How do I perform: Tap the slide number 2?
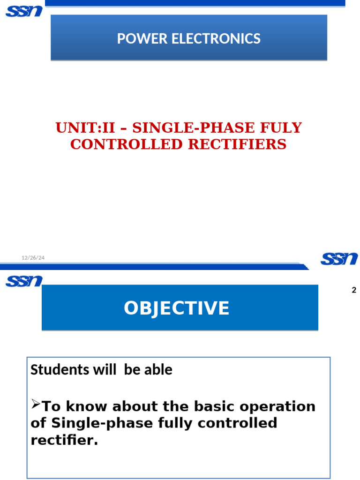354,290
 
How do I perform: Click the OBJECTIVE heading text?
176,308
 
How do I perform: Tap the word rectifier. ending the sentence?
64,440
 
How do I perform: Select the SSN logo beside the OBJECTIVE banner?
24,281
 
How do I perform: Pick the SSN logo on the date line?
339,258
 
